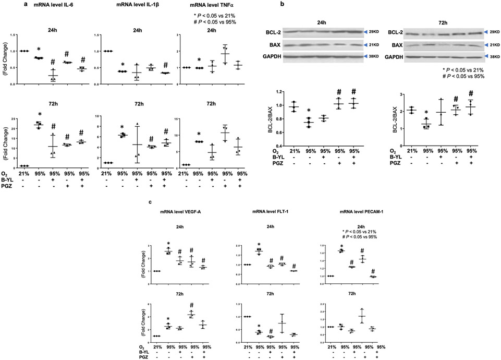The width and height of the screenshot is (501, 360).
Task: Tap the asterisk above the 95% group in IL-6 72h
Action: click(x=39, y=115)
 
